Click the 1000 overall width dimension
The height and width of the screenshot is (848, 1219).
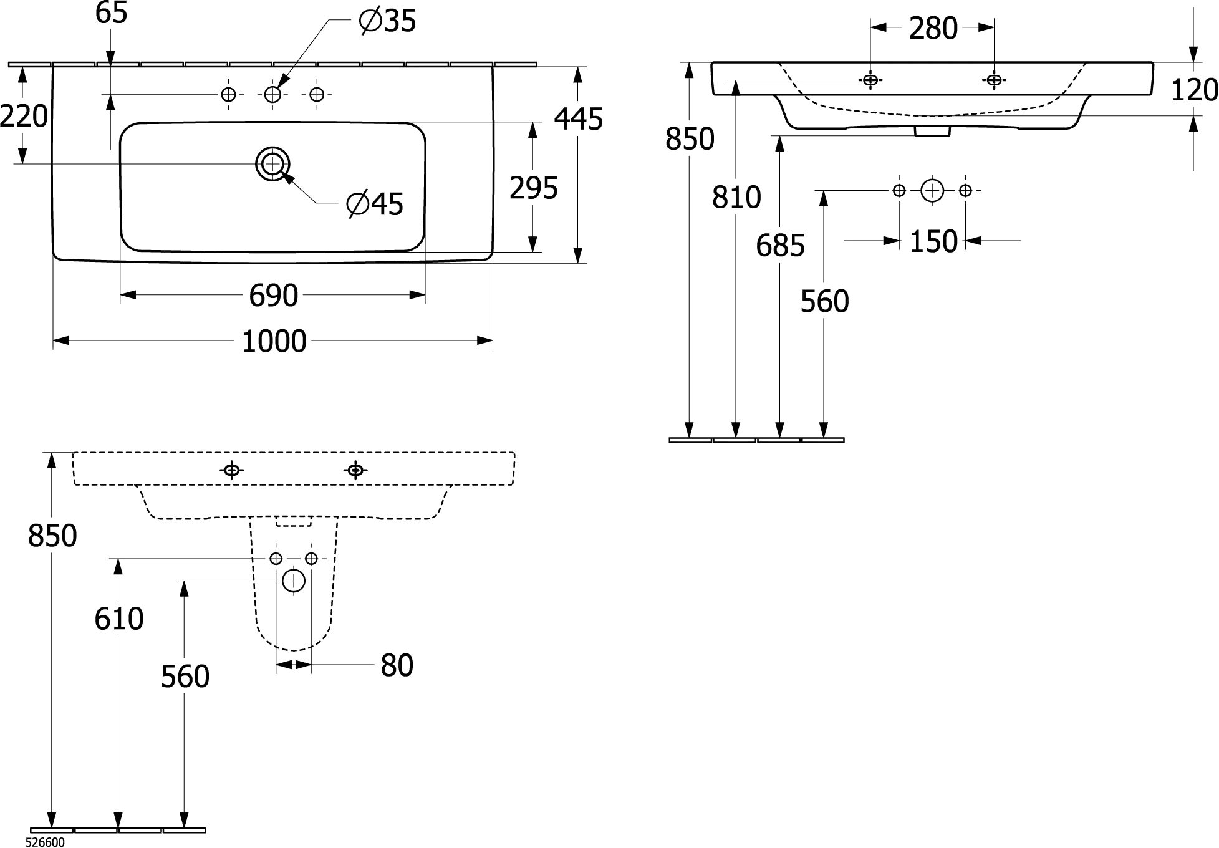coord(274,342)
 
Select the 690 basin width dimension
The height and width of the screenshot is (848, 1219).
coord(273,296)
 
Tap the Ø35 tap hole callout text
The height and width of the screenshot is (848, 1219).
coord(387,22)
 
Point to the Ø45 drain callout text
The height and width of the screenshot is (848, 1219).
coord(375,204)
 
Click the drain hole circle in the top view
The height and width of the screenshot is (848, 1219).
coord(272,164)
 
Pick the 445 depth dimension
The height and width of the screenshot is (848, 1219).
coord(579,119)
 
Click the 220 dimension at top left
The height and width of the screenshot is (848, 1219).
coord(24,116)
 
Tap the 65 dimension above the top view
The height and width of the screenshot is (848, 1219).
coord(111,13)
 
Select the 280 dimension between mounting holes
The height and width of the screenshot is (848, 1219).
coord(933,29)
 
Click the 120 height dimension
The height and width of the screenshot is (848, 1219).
coord(1194,90)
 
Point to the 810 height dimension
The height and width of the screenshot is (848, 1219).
coord(736,198)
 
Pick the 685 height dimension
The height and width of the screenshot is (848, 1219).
coord(780,246)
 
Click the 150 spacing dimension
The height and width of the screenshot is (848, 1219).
coord(933,242)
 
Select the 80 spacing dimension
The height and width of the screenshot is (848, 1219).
coord(397,666)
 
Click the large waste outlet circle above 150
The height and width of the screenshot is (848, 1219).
coord(932,191)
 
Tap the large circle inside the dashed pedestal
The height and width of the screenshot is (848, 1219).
coord(294,581)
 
